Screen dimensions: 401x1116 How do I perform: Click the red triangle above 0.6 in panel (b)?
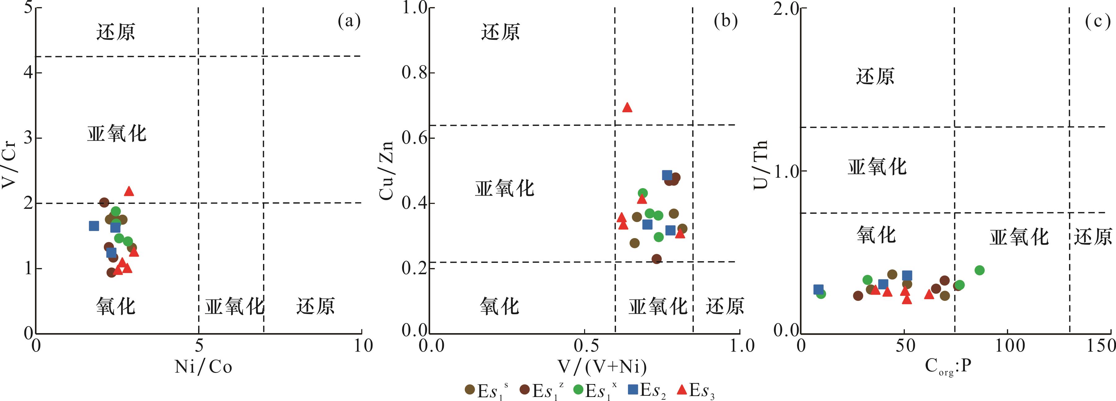(627, 108)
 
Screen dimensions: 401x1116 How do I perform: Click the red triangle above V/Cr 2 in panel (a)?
(129, 191)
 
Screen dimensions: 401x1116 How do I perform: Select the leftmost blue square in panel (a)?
(94, 226)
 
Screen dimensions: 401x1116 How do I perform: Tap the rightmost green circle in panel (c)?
(979, 270)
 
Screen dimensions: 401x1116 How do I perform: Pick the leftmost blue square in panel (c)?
(818, 289)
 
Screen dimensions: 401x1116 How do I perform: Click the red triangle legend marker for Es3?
(682, 390)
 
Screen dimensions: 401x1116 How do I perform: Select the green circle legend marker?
(578, 390)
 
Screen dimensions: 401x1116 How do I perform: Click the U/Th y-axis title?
(761, 164)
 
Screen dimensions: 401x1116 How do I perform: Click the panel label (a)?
(349, 21)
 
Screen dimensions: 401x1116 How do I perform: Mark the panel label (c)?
(1097, 21)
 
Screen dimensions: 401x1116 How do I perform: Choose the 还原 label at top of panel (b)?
(500, 32)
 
